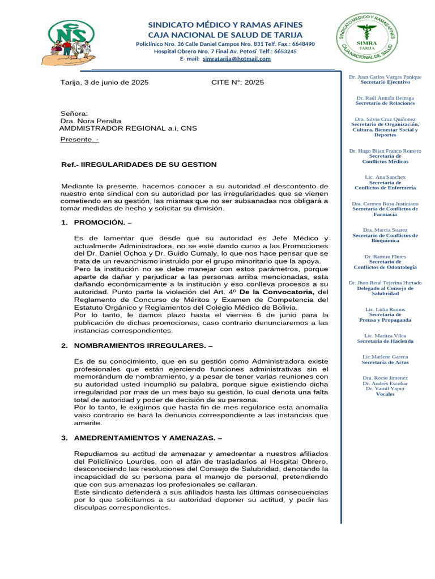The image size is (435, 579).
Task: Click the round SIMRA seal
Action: (369, 39)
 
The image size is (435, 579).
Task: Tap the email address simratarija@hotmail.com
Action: (237, 59)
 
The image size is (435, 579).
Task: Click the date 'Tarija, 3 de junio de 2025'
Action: (105, 82)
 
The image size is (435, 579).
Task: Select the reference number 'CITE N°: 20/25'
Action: (237, 82)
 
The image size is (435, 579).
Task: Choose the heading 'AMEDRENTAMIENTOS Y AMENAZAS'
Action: (144, 438)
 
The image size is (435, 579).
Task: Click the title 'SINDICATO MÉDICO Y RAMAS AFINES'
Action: (225, 25)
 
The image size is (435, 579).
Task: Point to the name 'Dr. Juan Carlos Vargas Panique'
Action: (385, 76)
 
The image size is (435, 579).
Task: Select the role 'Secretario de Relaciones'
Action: (385, 103)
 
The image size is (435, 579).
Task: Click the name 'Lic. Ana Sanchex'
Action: (385, 177)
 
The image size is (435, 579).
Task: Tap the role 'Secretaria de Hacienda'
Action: (385, 341)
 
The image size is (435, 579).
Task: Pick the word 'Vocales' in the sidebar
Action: (385, 394)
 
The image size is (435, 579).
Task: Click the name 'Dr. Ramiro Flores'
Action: (385, 256)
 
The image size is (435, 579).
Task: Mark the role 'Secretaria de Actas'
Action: (385, 362)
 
